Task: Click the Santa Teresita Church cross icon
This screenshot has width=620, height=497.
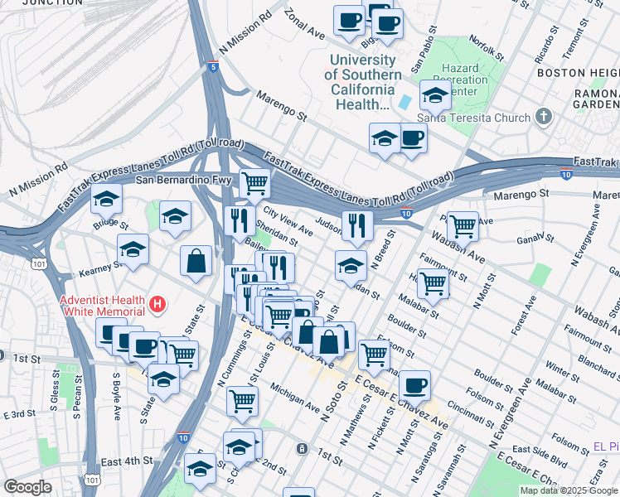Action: click(544, 117)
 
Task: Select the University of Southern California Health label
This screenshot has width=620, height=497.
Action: click(364, 82)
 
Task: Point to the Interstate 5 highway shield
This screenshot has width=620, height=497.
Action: click(214, 68)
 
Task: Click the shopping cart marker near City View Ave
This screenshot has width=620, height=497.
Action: click(255, 182)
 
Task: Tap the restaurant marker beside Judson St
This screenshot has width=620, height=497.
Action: click(357, 224)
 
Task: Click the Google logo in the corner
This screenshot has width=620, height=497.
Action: click(27, 487)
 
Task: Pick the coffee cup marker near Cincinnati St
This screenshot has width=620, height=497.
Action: click(414, 384)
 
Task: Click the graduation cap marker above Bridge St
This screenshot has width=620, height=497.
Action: click(106, 199)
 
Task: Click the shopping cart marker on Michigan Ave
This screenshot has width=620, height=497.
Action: click(242, 400)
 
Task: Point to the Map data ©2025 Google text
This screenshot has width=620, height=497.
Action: click(569, 490)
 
